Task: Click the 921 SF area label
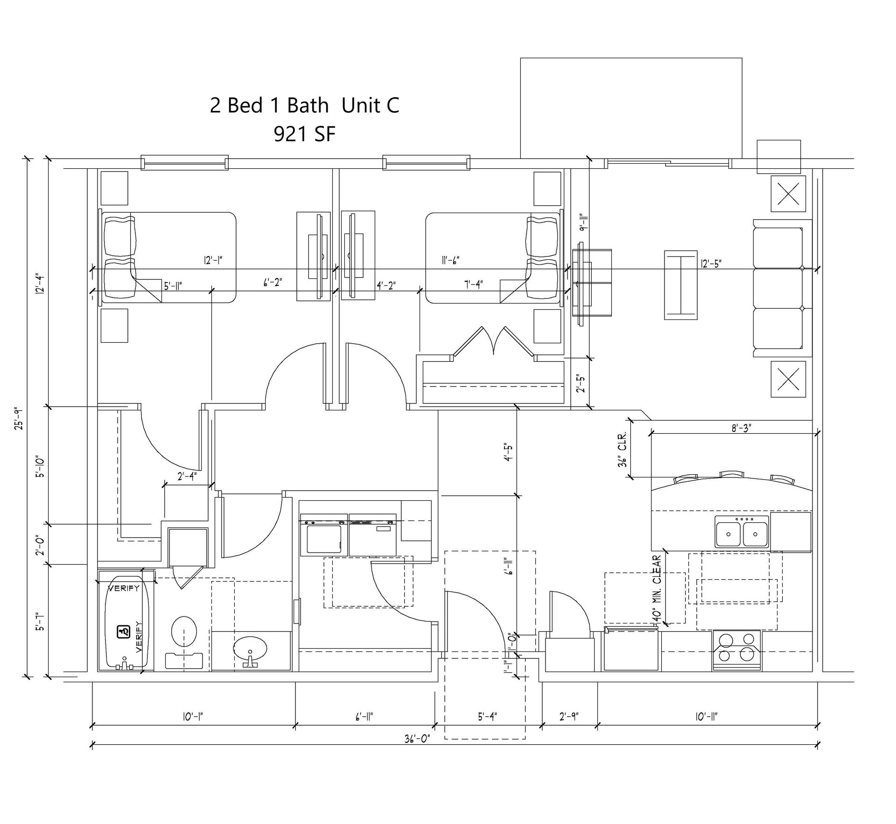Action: click(305, 134)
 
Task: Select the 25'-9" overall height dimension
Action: click(18, 418)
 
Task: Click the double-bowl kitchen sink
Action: click(742, 532)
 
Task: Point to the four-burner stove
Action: click(736, 651)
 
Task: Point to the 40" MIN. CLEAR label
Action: click(657, 588)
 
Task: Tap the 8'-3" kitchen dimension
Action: click(741, 428)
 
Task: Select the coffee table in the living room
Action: click(681, 285)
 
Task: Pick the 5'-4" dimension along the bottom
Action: click(487, 716)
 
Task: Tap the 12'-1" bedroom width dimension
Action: click(213, 260)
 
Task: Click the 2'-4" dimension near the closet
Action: click(187, 476)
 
